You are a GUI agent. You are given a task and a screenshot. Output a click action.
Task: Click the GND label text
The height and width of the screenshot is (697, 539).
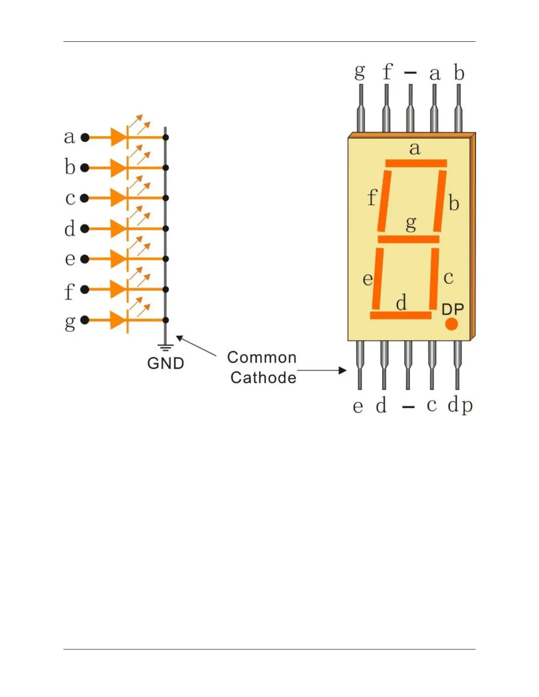166,363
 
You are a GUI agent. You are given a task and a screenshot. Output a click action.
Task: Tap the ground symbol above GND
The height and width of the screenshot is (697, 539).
166,347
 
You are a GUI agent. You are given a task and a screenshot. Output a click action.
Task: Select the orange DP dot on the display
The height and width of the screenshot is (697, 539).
451,324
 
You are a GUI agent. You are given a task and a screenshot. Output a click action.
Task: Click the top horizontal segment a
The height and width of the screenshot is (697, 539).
416,163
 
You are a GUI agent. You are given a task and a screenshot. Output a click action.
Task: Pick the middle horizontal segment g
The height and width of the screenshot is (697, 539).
409,239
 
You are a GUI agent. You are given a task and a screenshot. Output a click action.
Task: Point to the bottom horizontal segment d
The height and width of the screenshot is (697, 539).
401,315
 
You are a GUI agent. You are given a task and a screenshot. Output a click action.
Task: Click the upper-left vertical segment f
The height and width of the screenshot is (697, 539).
384,201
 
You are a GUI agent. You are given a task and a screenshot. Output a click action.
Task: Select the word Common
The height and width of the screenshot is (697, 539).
262,357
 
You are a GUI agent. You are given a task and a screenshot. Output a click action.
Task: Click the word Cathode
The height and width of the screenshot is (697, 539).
263,378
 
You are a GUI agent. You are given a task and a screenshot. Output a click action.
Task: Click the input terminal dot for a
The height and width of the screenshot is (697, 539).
85,137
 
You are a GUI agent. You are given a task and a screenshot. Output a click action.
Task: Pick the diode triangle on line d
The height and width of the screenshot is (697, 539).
118,228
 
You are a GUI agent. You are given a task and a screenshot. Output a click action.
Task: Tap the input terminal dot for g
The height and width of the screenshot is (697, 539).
85,320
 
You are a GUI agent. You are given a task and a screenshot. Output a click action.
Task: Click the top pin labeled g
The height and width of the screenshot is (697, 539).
361,108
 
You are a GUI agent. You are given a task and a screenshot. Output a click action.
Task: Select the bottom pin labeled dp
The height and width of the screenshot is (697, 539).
458,365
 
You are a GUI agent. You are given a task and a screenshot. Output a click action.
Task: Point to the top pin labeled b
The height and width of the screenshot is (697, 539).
458,108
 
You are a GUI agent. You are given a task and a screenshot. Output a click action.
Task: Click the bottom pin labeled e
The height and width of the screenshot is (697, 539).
360,365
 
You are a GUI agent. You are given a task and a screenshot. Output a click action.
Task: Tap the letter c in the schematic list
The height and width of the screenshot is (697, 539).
70,198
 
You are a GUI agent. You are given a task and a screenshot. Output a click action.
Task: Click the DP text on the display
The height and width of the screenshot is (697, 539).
453,309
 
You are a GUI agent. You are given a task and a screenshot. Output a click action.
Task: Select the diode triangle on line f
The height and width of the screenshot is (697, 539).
118,289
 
